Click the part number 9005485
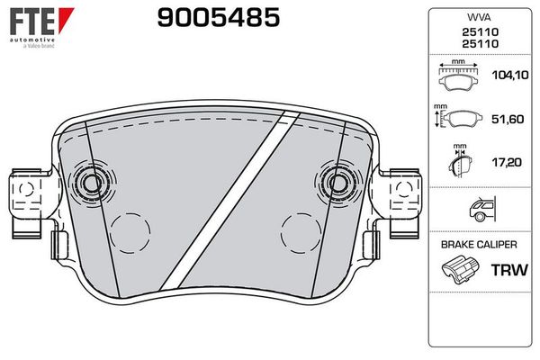click(219, 18)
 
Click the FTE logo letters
click(32, 22)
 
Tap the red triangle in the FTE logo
click(66, 19)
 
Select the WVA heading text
click(479, 17)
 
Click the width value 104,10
click(509, 75)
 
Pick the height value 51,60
click(508, 119)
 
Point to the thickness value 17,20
click(507, 162)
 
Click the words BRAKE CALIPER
click(479, 245)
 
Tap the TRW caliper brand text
click(509, 270)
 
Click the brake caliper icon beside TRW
click(460, 269)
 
